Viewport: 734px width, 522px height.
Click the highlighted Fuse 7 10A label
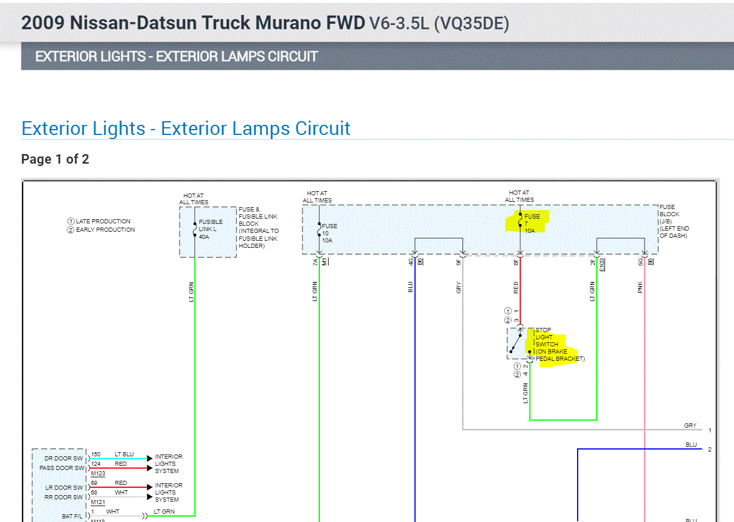coord(531,223)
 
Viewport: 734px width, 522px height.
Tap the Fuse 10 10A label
coord(329,233)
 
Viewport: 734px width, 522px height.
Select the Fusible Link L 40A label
coord(211,229)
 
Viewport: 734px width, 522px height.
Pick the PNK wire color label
coord(640,287)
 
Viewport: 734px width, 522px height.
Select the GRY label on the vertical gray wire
coord(458,287)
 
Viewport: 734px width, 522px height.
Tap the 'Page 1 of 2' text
coord(55,159)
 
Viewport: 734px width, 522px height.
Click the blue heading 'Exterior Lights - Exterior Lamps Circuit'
coord(186,128)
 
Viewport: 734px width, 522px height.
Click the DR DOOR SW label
coord(64,459)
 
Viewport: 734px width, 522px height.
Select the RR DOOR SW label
coord(64,497)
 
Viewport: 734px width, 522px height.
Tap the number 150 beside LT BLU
coord(96,455)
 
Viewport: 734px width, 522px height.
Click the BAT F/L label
coord(72,516)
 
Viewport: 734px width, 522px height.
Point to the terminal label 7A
coord(315,262)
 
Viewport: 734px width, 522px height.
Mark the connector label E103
coord(602,263)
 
